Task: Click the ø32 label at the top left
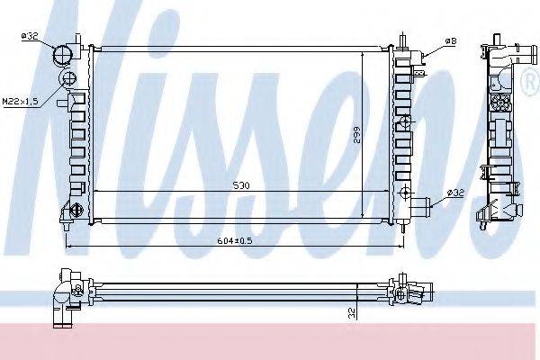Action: (x=29, y=35)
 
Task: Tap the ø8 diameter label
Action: (x=450, y=41)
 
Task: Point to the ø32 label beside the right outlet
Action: (x=455, y=193)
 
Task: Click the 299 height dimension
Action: (x=357, y=135)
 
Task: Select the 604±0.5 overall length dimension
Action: (x=236, y=240)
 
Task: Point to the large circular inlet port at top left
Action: (x=63, y=56)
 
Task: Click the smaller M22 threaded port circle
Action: (x=67, y=81)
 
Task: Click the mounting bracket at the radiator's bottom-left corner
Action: (x=70, y=213)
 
